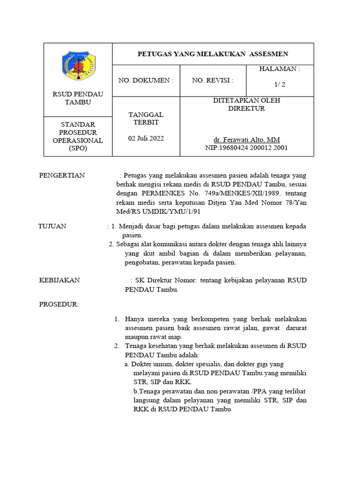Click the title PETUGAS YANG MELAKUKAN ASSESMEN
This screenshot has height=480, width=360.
(x=213, y=54)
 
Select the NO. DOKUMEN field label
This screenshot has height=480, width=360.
(x=146, y=80)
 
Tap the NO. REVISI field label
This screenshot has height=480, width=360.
(x=213, y=80)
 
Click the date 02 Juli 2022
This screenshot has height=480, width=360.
(x=146, y=139)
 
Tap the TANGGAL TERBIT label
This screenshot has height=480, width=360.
(x=146, y=118)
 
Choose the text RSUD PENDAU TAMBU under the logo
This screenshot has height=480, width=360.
(x=78, y=98)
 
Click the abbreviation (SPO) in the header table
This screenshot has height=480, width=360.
(x=78, y=148)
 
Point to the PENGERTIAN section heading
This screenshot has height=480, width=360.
(x=61, y=175)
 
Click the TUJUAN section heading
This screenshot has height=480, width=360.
(x=52, y=226)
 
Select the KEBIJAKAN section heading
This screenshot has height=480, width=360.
(x=59, y=280)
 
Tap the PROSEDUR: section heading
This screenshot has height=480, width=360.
(x=59, y=305)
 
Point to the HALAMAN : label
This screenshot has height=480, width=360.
(x=279, y=69)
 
